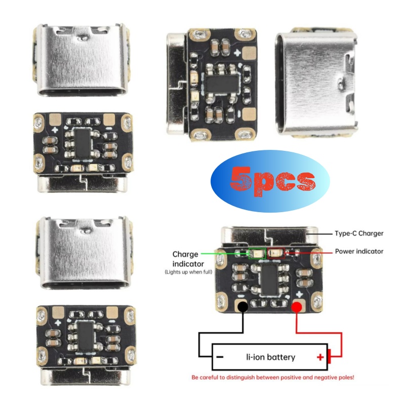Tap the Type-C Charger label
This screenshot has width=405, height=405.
click(x=359, y=233)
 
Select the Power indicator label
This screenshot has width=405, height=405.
click(x=359, y=251)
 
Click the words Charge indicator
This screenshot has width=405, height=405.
click(x=188, y=259)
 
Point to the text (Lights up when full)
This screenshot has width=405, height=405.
click(x=188, y=272)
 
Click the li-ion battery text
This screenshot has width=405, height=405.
click(x=270, y=357)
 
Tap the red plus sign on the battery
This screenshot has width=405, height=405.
click(x=320, y=357)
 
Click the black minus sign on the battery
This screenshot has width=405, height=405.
click(x=220, y=357)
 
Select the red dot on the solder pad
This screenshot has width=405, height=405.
click(x=296, y=307)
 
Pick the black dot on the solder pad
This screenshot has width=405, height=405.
click(x=243, y=307)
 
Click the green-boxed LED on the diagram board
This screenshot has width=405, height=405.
click(x=257, y=254)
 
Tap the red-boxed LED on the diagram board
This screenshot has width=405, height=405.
click(x=276, y=253)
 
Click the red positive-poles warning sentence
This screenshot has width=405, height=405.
click(x=273, y=377)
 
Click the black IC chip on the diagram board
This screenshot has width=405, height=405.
click(x=270, y=280)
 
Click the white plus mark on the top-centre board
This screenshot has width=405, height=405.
click(x=237, y=53)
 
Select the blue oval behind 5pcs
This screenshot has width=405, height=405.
click(x=270, y=181)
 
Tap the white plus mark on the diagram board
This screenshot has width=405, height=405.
click(x=299, y=294)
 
